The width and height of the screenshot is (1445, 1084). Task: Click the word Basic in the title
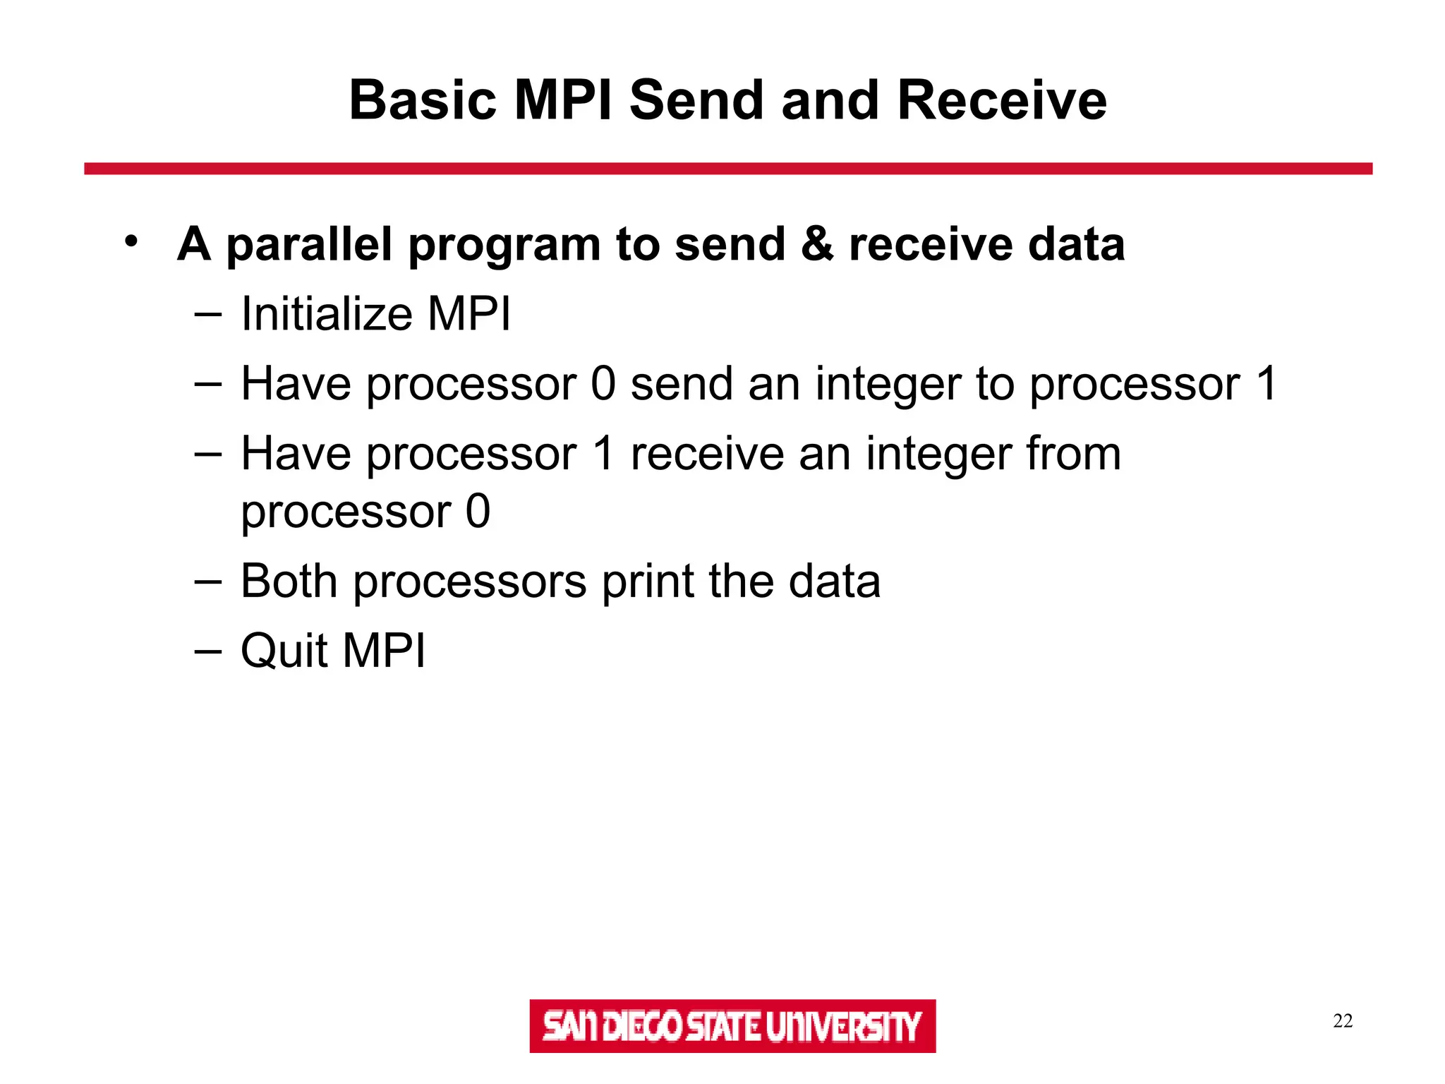[x=424, y=100]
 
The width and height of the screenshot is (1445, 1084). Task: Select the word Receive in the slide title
[x=1001, y=100]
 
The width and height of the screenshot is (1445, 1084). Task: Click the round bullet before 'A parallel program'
[x=131, y=241]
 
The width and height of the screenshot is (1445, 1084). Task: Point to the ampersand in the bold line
[x=817, y=244]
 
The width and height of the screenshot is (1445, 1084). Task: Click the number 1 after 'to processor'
[x=1266, y=385]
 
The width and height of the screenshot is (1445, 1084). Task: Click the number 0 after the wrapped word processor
[x=478, y=511]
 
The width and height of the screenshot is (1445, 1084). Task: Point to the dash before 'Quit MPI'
[x=207, y=651]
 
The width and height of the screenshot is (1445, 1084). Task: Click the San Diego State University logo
[x=732, y=1025]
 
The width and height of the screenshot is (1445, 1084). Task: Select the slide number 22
[x=1343, y=1020]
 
